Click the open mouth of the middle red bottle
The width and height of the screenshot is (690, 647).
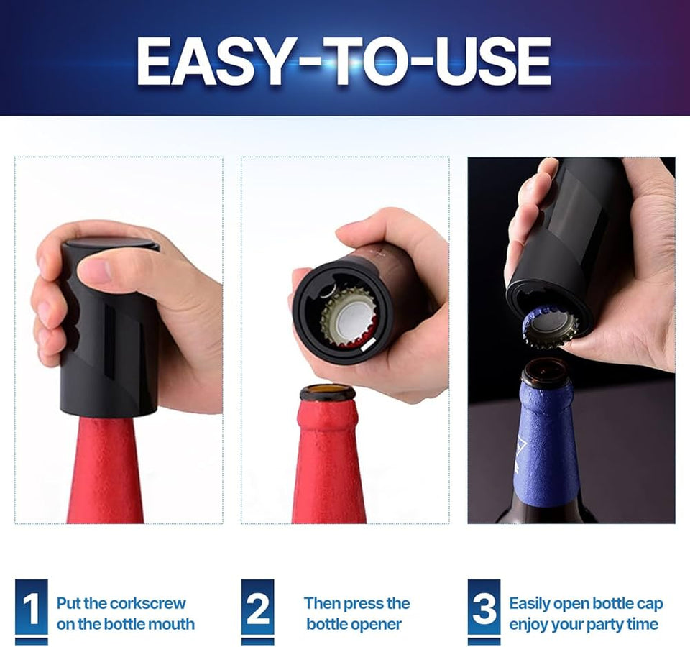pos(328,393)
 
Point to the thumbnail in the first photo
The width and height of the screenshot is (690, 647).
pos(95,271)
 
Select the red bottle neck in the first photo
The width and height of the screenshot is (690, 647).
pos(106,470)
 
